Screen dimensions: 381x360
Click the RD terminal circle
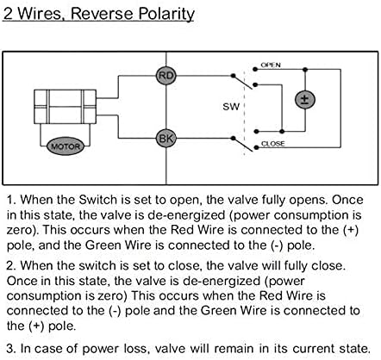pos(166,76)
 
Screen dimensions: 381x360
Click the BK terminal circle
pos(166,139)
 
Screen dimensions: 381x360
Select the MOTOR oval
pos(66,146)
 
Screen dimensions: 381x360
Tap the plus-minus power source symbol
pos(305,100)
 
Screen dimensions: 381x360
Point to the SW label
pos(231,107)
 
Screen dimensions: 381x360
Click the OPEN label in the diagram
pos(271,65)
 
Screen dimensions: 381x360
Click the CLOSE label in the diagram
pos(273,143)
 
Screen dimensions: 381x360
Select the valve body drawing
pos(65,107)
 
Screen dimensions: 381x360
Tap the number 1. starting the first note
pos(11,200)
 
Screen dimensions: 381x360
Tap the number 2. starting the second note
pos(11,265)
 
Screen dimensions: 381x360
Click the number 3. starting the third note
pos(11,348)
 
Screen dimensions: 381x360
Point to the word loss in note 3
pos(134,348)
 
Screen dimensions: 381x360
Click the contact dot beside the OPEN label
pos(254,69)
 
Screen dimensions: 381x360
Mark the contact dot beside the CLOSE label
pos(256,147)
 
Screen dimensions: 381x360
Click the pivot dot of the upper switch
pos(233,76)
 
